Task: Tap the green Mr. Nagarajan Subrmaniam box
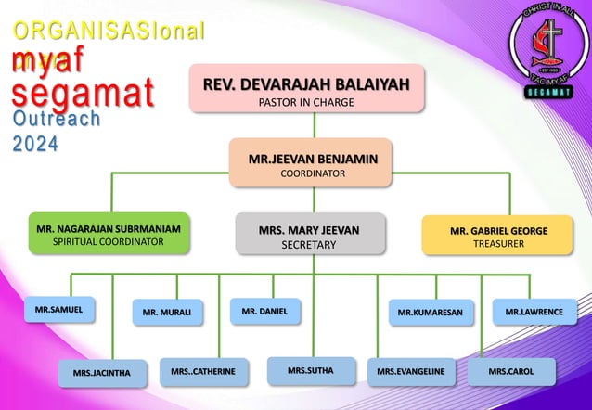pos(109,233)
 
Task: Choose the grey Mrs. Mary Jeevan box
pos(309,233)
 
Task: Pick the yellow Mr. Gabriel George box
pos(499,233)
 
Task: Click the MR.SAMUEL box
pos(58,307)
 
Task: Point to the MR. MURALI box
pos(167,313)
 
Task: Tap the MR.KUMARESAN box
pos(430,313)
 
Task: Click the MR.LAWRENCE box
pos(534,312)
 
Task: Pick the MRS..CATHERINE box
pos(203,371)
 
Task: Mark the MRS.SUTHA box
pos(310,370)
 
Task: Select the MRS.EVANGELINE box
pos(411,371)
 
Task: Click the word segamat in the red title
pos(83,94)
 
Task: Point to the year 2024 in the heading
pos(35,144)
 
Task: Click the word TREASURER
pos(499,243)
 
